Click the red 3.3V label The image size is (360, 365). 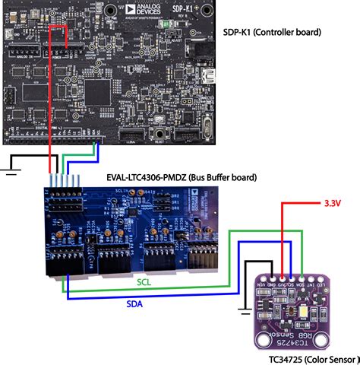tap(331, 205)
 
